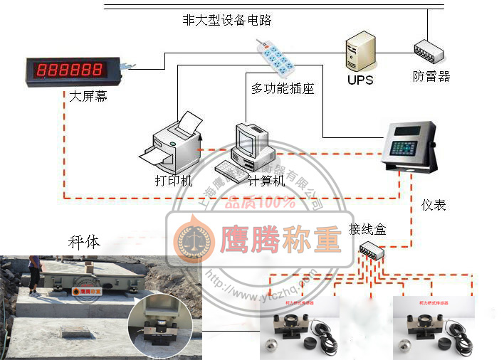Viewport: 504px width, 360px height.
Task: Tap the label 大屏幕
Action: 88,96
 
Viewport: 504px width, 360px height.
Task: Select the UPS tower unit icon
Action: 359,51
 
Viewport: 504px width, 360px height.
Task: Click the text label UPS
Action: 360,80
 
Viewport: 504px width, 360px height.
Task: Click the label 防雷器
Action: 431,77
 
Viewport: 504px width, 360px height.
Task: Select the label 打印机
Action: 174,181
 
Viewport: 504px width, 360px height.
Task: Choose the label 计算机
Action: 266,181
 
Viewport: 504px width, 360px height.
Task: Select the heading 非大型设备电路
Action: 227,20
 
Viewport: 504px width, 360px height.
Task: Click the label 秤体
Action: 84,242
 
